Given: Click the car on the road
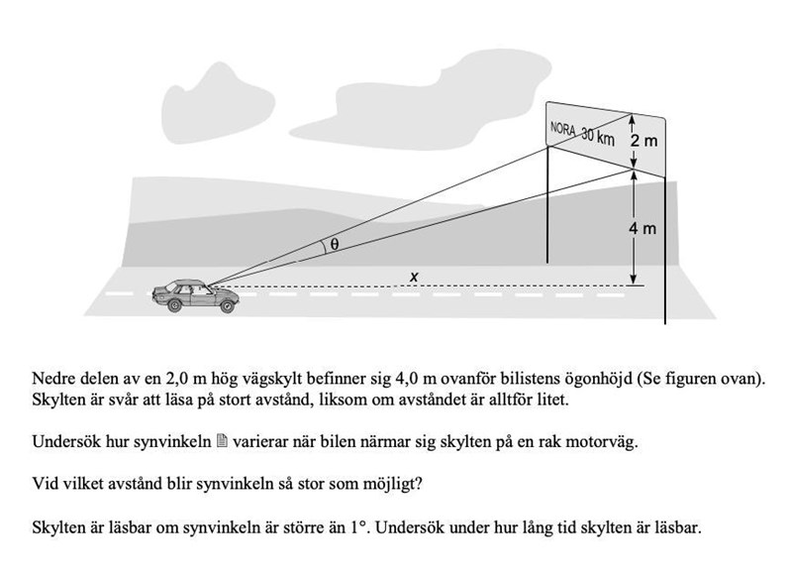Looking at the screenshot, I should [x=195, y=294].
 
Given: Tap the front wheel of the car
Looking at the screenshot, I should [x=227, y=306].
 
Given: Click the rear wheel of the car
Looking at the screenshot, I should [x=174, y=306].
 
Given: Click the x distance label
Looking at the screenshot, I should [x=414, y=278].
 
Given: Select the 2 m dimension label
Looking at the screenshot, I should [x=643, y=141].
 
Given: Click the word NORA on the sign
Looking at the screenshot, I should [x=563, y=130].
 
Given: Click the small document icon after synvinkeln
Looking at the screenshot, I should [x=222, y=442].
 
